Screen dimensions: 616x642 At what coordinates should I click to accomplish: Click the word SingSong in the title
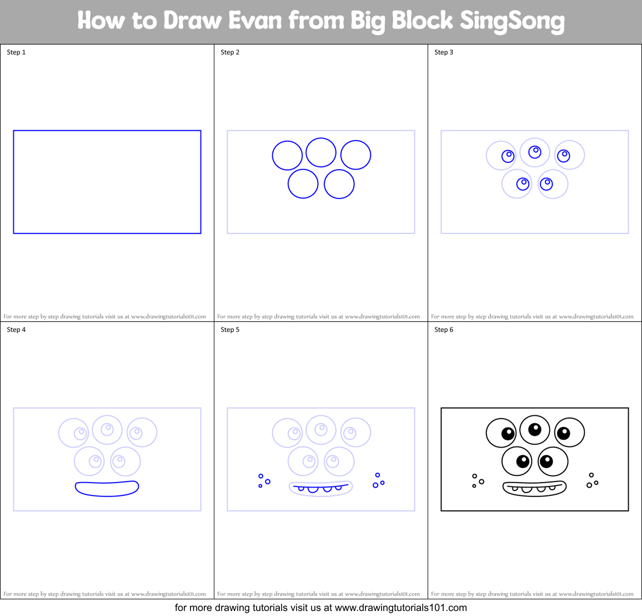coord(512,21)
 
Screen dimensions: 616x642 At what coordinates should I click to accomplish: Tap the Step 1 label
coord(16,52)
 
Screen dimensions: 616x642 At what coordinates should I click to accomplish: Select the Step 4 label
coord(16,330)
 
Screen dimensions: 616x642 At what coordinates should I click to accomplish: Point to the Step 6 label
coord(444,330)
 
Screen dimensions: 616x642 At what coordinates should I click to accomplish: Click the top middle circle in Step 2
coord(321,152)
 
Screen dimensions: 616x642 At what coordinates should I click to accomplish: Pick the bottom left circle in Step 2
coord(303,184)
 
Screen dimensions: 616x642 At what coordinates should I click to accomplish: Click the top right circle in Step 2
coord(355,155)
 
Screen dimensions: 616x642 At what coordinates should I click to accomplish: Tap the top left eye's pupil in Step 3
coord(508,156)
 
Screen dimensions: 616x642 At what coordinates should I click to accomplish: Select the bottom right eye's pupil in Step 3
coord(546,183)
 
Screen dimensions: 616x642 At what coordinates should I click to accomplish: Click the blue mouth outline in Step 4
coord(107,488)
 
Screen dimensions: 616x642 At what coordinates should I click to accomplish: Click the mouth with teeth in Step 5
coord(321,488)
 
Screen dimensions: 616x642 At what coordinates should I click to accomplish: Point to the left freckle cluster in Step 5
coord(263,481)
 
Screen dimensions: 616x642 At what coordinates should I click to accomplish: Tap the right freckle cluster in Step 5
coord(378,481)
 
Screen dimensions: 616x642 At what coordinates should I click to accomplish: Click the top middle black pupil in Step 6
coord(535,429)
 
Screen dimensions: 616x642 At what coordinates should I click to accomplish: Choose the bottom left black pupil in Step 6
coord(523,461)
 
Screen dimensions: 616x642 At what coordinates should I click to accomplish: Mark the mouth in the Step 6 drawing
coord(534,488)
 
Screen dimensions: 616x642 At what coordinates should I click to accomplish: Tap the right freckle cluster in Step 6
coord(592,481)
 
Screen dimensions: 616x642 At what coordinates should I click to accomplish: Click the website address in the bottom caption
coord(400,608)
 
